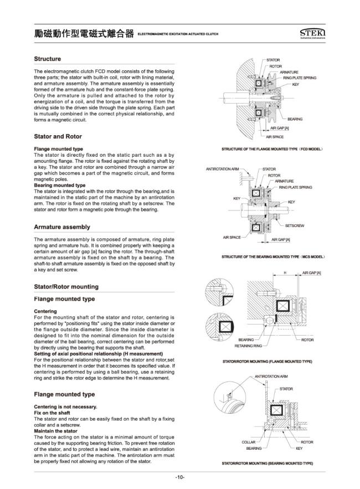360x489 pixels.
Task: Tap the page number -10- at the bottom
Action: coord(179,477)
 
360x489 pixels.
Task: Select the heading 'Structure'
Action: coord(48,59)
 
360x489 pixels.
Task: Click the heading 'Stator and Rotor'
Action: coord(58,136)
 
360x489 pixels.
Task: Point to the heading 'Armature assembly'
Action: coord(62,227)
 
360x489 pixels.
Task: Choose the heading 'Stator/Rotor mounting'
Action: coord(66,286)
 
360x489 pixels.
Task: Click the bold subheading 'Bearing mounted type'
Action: coord(59,185)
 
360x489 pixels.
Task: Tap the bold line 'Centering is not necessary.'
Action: coord(65,407)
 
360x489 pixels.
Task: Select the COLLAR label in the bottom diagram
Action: coord(248,442)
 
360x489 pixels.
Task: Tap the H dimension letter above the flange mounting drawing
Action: coord(285,273)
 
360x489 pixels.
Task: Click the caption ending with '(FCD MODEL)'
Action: coord(271,150)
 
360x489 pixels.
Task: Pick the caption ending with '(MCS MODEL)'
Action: coord(272,257)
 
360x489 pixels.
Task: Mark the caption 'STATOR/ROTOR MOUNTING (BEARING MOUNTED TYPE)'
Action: coord(268,462)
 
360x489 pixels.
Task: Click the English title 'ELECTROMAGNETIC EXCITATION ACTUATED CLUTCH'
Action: coord(178,35)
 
